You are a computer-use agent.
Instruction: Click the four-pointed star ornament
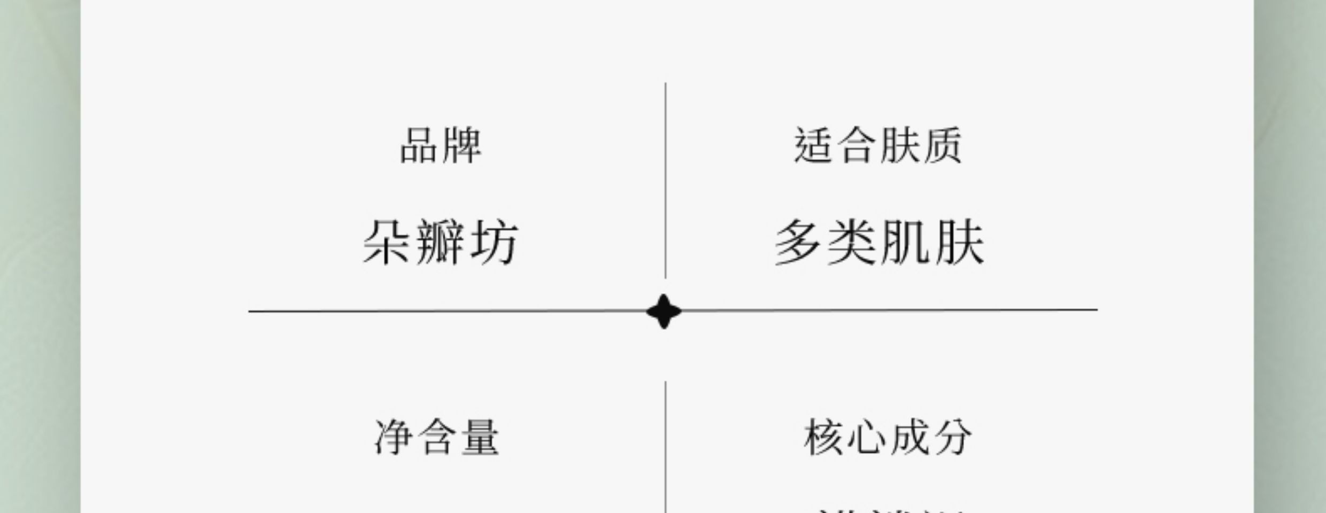click(664, 311)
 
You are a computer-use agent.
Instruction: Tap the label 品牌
click(441, 145)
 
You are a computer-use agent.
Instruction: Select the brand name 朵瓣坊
click(441, 243)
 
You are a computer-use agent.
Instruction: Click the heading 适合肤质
click(878, 145)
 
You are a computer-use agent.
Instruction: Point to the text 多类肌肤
click(880, 243)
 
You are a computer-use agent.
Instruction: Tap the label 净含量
click(437, 437)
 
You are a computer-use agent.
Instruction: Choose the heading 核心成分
click(888, 437)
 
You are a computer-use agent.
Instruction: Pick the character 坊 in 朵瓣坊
click(495, 243)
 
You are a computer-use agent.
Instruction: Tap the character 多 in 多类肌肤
click(798, 243)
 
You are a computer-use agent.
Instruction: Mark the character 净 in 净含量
click(394, 437)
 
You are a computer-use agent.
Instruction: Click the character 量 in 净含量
click(480, 437)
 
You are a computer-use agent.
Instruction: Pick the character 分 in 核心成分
click(952, 437)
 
